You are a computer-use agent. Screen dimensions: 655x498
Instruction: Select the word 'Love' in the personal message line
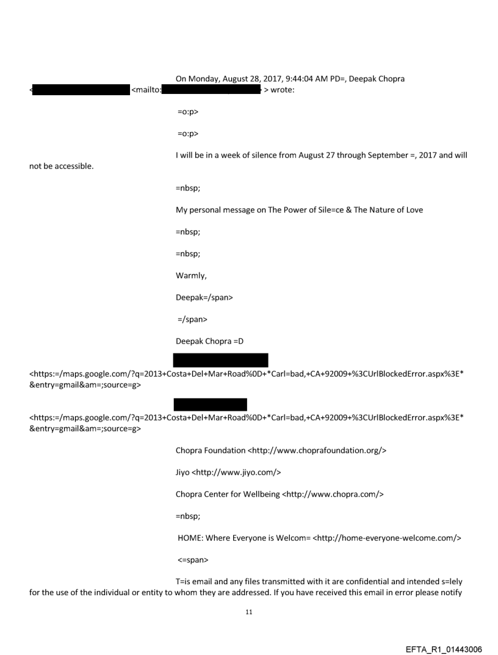413,210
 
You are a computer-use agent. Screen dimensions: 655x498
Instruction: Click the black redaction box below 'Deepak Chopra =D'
221,360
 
